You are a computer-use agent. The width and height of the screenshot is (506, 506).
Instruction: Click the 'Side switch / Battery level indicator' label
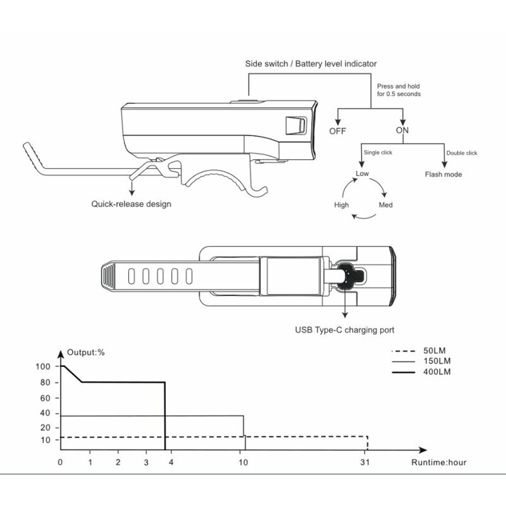point(311,64)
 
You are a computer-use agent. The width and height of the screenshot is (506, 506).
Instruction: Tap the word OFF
point(338,131)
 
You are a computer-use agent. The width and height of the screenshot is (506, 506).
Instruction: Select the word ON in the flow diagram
point(403,130)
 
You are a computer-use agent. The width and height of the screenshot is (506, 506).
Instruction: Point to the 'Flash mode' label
point(443,175)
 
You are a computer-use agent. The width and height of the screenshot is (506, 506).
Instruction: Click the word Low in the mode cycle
point(362,173)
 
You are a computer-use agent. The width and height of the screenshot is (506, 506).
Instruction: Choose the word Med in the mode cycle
point(386,205)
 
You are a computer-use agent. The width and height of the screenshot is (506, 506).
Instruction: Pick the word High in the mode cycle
point(342,205)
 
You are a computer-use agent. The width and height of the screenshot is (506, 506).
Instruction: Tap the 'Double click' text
point(461,153)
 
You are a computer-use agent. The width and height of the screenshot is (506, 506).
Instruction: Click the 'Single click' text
point(377,152)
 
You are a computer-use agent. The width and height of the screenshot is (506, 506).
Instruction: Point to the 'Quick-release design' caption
point(131,204)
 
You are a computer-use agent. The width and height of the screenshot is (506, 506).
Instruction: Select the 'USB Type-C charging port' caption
point(345,330)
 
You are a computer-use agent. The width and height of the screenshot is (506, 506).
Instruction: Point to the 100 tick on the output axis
point(44,366)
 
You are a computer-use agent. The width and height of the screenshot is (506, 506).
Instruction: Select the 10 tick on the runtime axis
point(243,462)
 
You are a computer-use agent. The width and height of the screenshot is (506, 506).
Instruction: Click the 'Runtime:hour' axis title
point(439,462)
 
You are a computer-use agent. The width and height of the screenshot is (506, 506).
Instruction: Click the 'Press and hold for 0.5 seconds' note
point(398,90)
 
